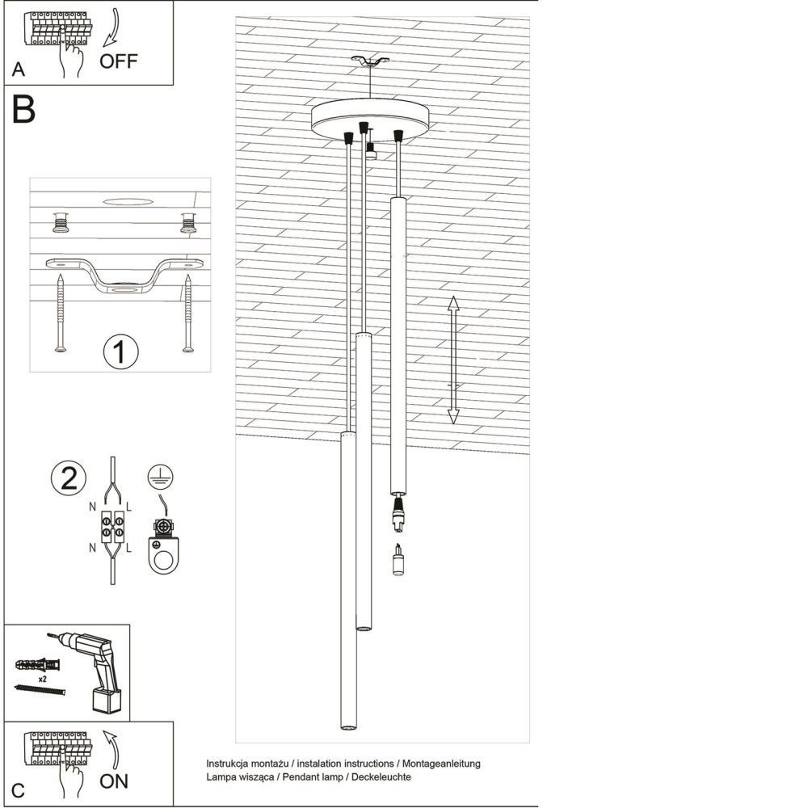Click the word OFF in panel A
pyautogui.click(x=119, y=61)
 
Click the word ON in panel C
pyautogui.click(x=114, y=781)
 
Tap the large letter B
pyautogui.click(x=23, y=111)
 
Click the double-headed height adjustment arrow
pyautogui.click(x=453, y=360)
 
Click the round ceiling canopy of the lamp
pyautogui.click(x=371, y=119)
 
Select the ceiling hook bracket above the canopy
pyautogui.click(x=370, y=61)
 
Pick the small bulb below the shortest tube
pyautogui.click(x=398, y=559)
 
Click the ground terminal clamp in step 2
pyautogui.click(x=164, y=545)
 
